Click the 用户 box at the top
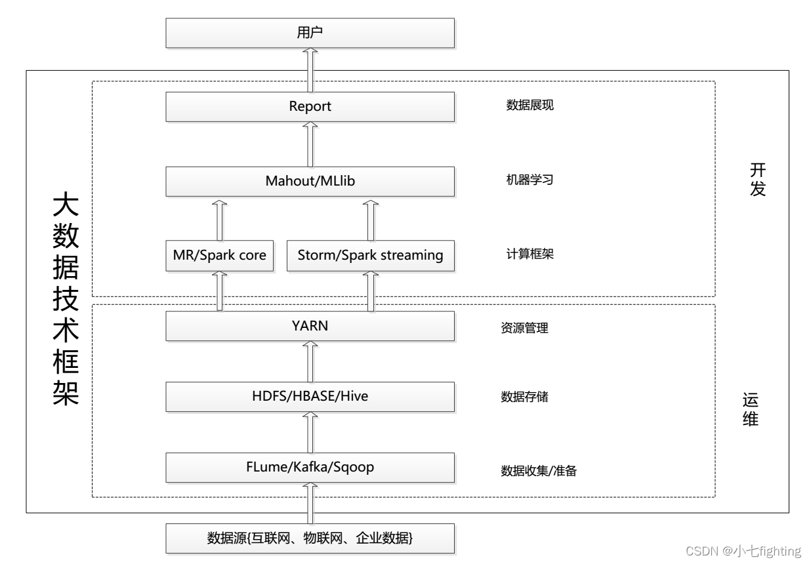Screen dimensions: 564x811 (310, 33)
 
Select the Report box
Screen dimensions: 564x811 (310, 106)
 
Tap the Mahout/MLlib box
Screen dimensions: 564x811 (310, 181)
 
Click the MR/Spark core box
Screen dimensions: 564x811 (220, 255)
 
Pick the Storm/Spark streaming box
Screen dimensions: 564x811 (370, 255)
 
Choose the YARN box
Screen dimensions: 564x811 (310, 326)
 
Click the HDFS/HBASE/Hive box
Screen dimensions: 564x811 (310, 396)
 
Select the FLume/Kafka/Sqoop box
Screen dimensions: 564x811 (310, 467)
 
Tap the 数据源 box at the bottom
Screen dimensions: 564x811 (310, 538)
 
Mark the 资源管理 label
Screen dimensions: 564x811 (524, 329)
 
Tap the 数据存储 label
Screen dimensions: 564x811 (524, 397)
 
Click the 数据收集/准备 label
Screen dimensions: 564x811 (539, 471)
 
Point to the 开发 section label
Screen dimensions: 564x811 (758, 180)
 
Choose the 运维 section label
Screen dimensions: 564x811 (751, 410)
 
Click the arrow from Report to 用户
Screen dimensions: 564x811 (310, 70)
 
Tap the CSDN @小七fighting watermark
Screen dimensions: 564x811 (743, 550)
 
